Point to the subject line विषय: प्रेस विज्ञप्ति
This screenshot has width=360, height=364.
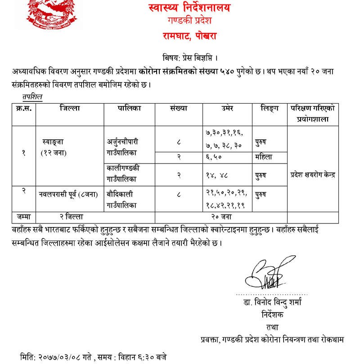pos(190,58)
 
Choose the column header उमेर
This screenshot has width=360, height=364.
pos(227,109)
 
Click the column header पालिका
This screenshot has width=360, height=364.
pos(130,109)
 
